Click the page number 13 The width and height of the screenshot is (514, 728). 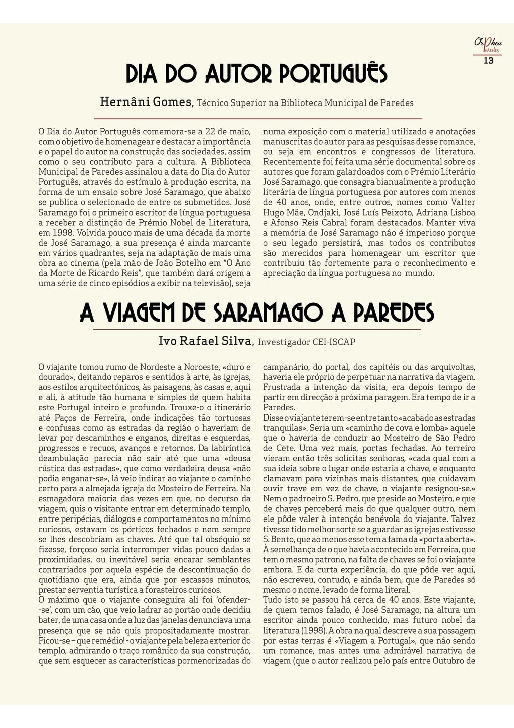(x=488, y=61)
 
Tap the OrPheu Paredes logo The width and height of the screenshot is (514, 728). (x=488, y=45)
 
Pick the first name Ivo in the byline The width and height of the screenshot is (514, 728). (x=167, y=341)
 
